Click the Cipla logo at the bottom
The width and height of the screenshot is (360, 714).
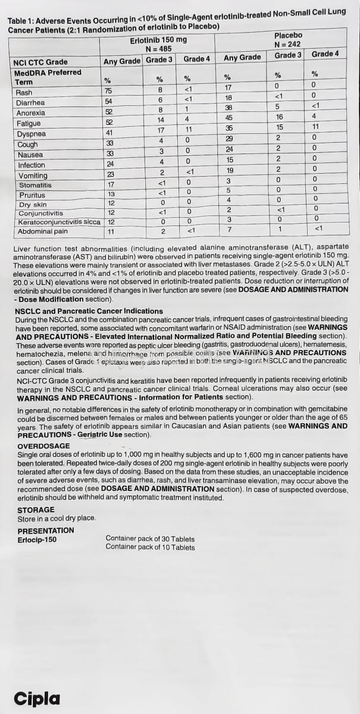point(37,697)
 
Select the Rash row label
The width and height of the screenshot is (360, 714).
point(24,93)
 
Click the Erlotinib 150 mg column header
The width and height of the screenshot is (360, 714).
point(158,40)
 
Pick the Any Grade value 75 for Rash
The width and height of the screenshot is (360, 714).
point(108,91)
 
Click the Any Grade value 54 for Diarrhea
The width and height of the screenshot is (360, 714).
point(108,102)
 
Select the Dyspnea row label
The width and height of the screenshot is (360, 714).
point(31,134)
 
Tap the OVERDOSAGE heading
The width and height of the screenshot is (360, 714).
point(43,446)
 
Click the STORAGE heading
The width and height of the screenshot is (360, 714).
point(36,510)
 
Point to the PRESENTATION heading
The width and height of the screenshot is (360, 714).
point(46,530)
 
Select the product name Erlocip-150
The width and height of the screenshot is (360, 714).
point(37,539)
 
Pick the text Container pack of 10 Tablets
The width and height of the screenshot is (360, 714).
point(150,547)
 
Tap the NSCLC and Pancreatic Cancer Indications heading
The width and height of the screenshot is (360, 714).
point(89,311)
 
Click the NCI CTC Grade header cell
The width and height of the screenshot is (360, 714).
point(40,62)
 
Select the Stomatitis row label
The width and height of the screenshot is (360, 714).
point(35,185)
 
